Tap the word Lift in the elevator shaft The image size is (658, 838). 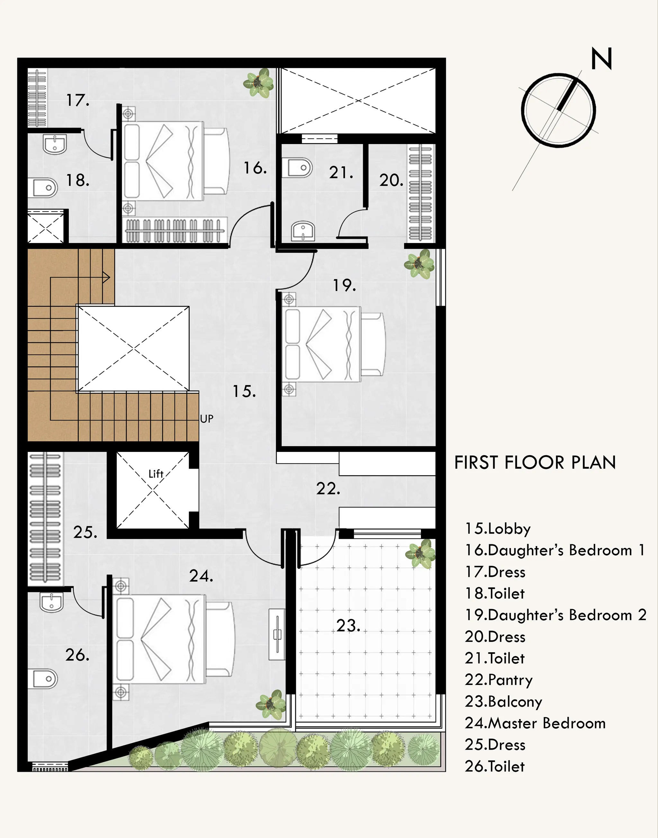click(x=156, y=474)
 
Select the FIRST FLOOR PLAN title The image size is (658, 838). click(x=535, y=463)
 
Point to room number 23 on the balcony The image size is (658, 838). click(x=348, y=626)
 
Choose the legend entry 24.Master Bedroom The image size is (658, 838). click(x=535, y=723)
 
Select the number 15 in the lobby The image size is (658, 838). click(x=244, y=392)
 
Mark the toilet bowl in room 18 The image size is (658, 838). click(x=43, y=188)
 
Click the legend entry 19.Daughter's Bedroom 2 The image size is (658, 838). click(x=556, y=615)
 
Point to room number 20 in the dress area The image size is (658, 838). click(x=391, y=180)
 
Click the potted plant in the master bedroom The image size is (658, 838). click(x=271, y=704)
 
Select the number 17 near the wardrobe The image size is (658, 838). click(x=78, y=101)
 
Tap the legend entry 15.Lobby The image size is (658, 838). click(x=498, y=529)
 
